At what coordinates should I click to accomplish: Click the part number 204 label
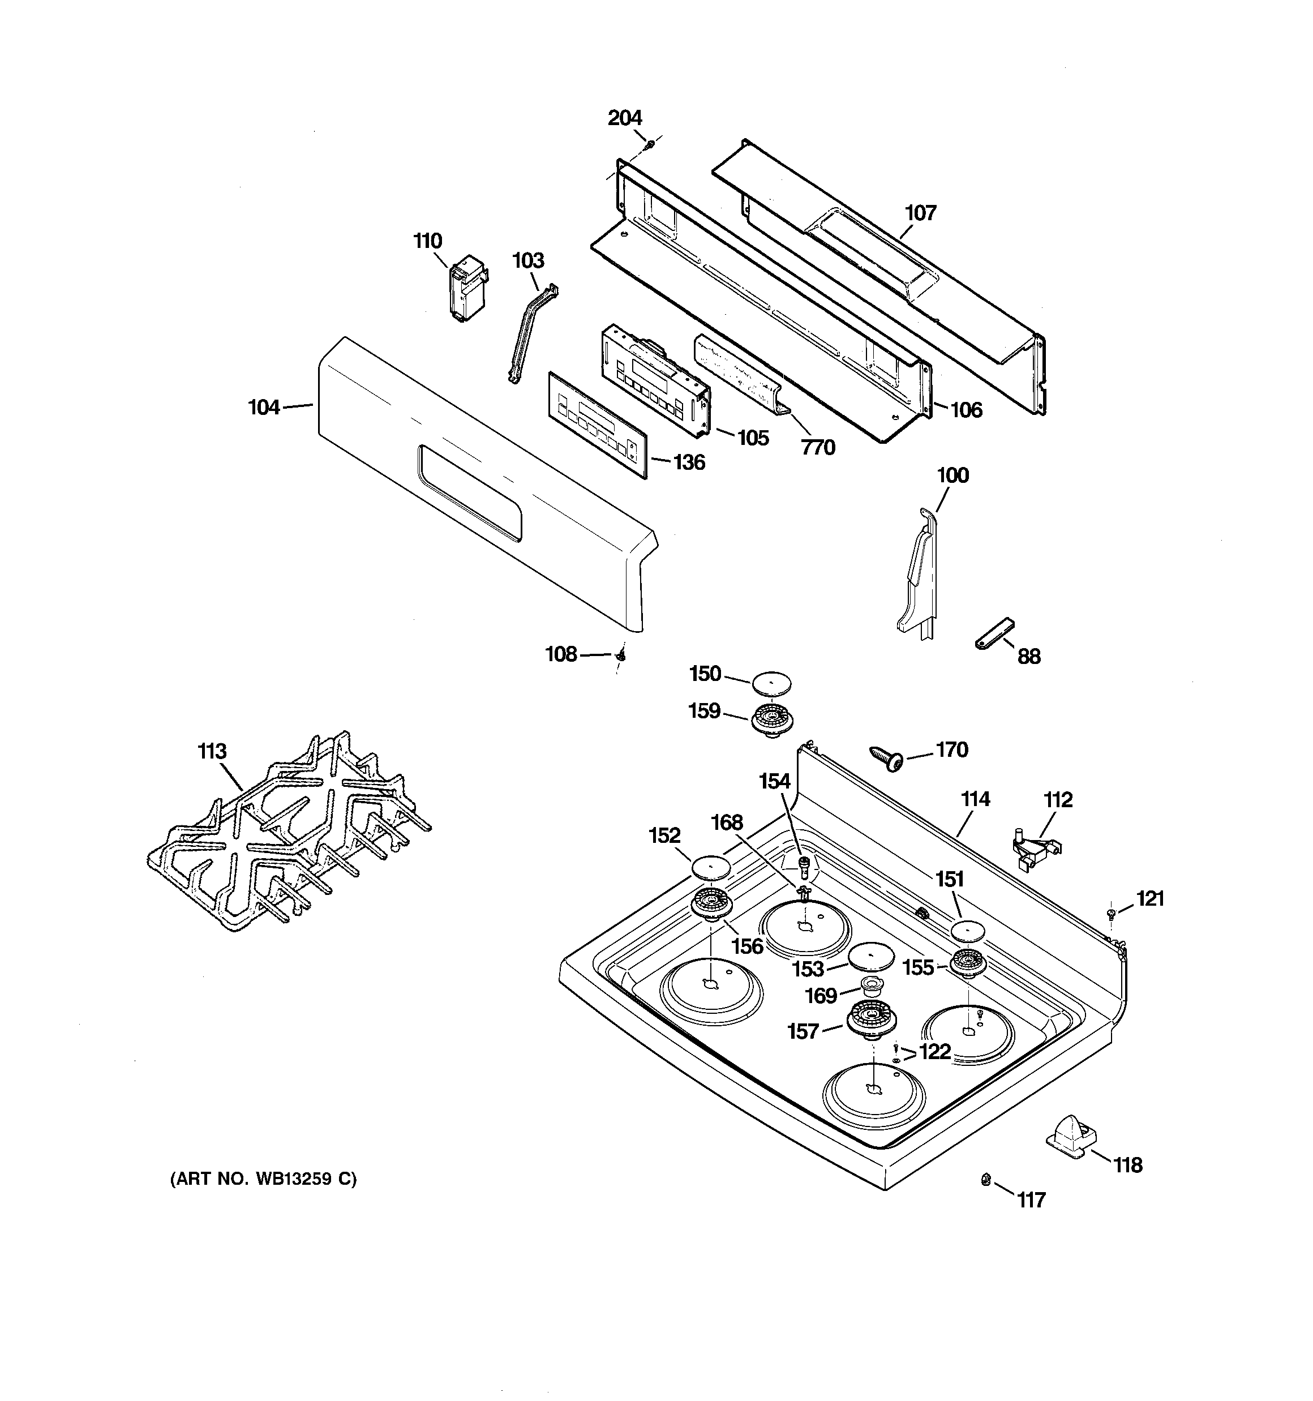click(x=624, y=118)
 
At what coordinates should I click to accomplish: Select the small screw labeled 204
click(x=650, y=144)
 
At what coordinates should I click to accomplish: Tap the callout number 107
click(x=920, y=213)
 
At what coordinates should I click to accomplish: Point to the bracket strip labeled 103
click(x=532, y=331)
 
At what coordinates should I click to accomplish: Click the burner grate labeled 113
click(x=289, y=832)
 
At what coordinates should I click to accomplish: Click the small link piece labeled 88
click(x=994, y=632)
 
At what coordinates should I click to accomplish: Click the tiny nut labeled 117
click(x=986, y=1180)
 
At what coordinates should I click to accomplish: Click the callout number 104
click(x=264, y=408)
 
